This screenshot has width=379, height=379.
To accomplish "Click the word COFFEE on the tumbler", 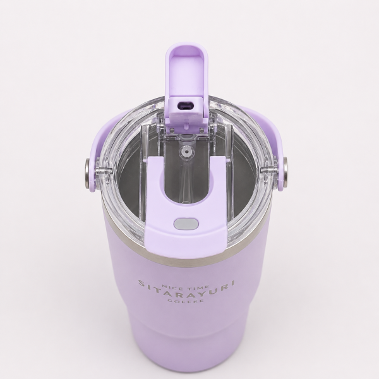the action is pos(186,301).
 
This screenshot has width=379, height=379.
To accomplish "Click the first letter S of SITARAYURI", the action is pos(141,283).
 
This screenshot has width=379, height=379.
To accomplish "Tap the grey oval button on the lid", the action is pos(186,224).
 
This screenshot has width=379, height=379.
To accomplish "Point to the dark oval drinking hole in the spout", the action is pos(186,105).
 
